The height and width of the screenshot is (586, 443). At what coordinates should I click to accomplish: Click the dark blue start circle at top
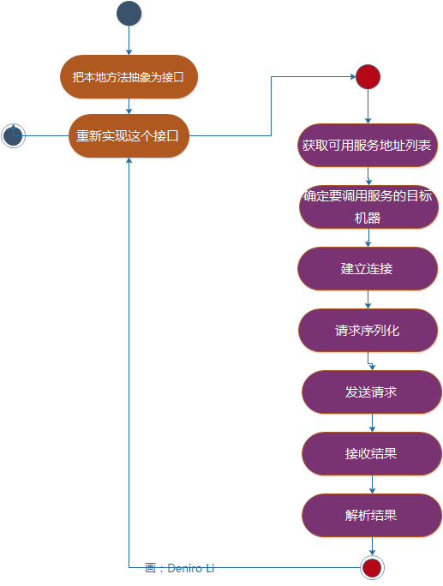pyautogui.click(x=129, y=14)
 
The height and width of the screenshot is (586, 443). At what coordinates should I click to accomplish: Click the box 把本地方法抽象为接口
pyautogui.click(x=129, y=76)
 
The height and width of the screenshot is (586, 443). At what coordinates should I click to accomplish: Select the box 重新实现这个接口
pyautogui.click(x=129, y=135)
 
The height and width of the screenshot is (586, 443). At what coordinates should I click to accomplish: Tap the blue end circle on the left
pyautogui.click(x=13, y=135)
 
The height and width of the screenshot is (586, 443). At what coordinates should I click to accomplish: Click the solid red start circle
pyautogui.click(x=368, y=77)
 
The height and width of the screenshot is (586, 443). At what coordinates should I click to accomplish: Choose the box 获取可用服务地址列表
pyautogui.click(x=368, y=146)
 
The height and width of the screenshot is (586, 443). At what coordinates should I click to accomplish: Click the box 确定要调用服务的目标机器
pyautogui.click(x=368, y=207)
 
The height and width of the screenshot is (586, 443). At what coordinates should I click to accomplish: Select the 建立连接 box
pyautogui.click(x=368, y=269)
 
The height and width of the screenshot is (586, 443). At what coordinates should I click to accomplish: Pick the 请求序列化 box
pyautogui.click(x=368, y=331)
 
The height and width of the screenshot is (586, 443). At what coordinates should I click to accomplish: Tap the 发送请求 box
pyautogui.click(x=371, y=392)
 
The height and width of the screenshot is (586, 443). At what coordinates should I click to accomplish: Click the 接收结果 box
pyautogui.click(x=371, y=454)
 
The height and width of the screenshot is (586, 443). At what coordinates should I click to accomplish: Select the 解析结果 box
pyautogui.click(x=371, y=516)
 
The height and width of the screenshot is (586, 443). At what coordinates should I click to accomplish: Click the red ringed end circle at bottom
pyautogui.click(x=372, y=567)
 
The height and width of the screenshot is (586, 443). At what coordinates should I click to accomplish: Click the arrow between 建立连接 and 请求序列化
pyautogui.click(x=368, y=300)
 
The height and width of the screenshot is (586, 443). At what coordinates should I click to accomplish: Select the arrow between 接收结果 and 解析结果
pyautogui.click(x=372, y=485)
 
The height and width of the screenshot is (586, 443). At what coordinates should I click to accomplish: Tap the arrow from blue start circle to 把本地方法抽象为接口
pyautogui.click(x=129, y=40)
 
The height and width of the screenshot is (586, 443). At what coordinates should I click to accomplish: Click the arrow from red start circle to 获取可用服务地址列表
pyautogui.click(x=368, y=106)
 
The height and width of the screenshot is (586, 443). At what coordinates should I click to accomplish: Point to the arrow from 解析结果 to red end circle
pyautogui.click(x=372, y=546)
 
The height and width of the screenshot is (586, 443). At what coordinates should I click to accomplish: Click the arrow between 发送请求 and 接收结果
pyautogui.click(x=372, y=423)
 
